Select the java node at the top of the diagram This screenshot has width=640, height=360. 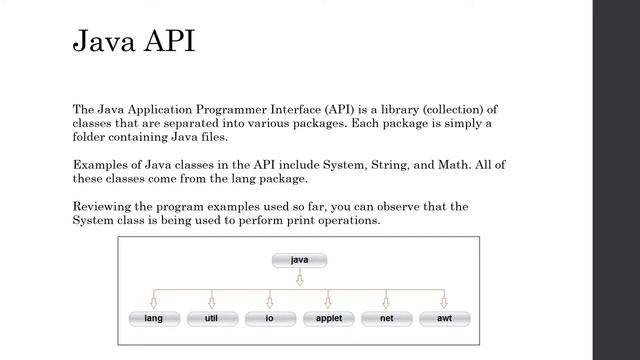(299, 260)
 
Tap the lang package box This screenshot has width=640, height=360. (154, 319)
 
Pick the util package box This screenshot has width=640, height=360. (211, 319)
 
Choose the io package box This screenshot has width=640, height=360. (269, 319)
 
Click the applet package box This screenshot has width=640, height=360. (328, 319)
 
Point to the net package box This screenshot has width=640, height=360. (386, 319)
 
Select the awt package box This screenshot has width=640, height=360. (444, 319)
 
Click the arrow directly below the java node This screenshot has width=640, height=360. (299, 280)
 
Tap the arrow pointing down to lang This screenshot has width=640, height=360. (154, 300)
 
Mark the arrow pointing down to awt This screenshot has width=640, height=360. (444, 300)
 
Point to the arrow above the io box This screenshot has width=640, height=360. (269, 300)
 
